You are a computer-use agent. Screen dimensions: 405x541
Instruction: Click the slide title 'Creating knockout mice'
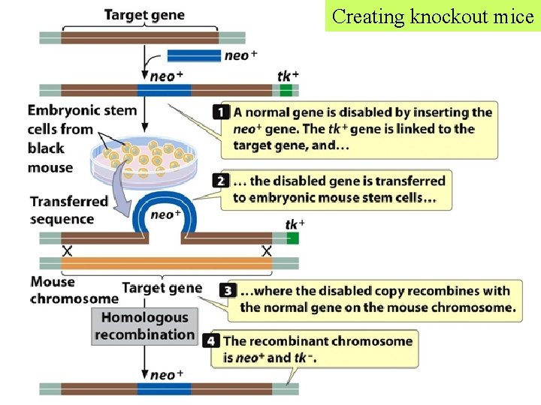433,16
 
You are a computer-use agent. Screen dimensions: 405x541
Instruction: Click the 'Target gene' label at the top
144,15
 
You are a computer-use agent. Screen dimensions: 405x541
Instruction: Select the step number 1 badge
221,112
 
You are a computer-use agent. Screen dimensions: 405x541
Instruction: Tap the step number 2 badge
221,181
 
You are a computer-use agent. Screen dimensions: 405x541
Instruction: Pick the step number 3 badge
228,290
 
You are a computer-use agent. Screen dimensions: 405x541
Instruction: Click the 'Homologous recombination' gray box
144,326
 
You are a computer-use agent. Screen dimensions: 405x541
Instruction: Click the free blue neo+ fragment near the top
193,55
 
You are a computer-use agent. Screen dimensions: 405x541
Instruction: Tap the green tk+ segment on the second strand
286,91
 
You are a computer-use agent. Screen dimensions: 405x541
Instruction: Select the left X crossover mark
67,251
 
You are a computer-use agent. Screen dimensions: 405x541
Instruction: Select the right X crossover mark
266,251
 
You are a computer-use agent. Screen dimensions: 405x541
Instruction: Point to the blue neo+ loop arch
165,209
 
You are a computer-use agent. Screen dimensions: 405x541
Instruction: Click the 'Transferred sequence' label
69,211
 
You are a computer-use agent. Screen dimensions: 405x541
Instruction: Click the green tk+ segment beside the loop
292,238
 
